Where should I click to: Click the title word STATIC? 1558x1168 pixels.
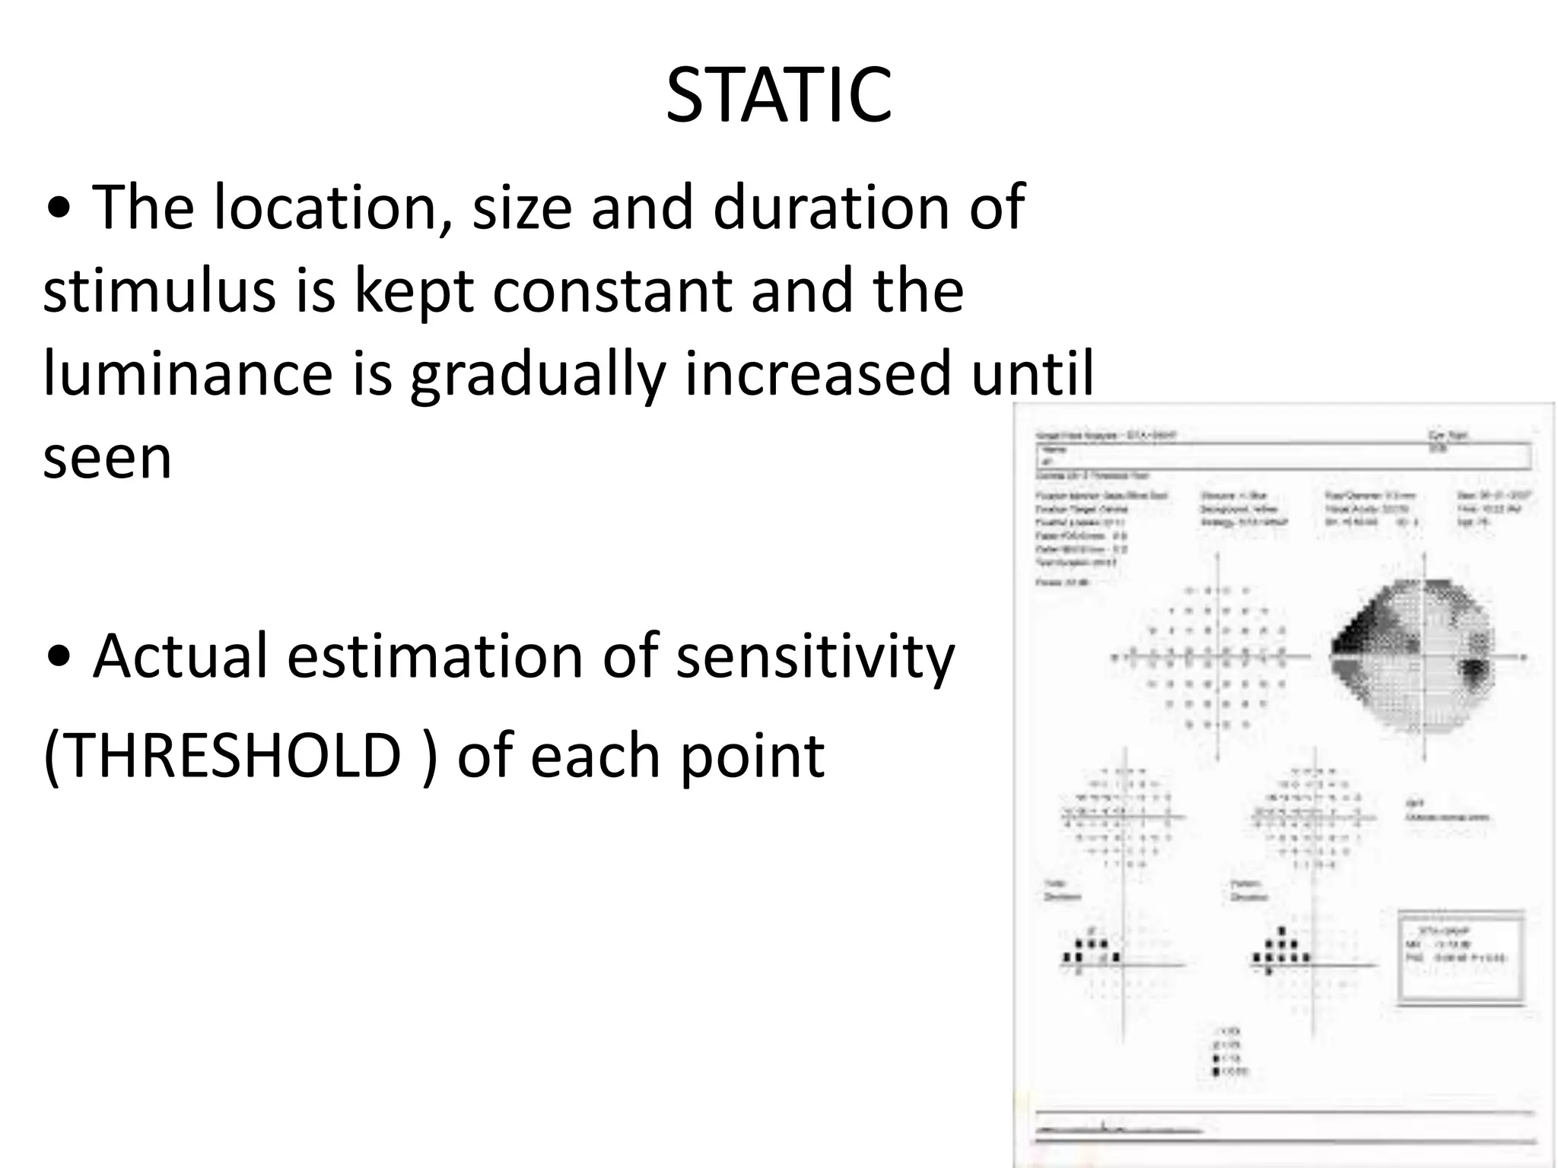[778, 96]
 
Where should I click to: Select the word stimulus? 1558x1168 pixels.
[159, 291]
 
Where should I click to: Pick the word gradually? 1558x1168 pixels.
[537, 374]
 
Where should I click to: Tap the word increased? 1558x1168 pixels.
[818, 374]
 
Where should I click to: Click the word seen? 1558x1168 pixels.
[107, 458]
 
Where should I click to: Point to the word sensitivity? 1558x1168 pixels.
[815, 656]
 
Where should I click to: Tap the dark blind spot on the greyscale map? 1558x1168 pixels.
[1474, 672]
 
